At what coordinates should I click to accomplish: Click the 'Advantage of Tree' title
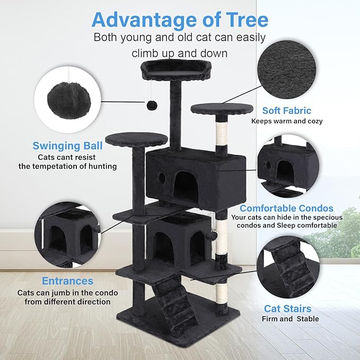click(180, 20)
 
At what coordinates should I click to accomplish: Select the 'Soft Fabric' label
click(286, 110)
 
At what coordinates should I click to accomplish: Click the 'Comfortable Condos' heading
click(286, 208)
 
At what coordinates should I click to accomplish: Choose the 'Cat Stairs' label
click(287, 308)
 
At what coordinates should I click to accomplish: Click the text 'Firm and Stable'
click(290, 319)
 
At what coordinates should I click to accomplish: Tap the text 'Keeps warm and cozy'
click(287, 121)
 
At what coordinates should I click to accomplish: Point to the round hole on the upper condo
click(161, 175)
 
